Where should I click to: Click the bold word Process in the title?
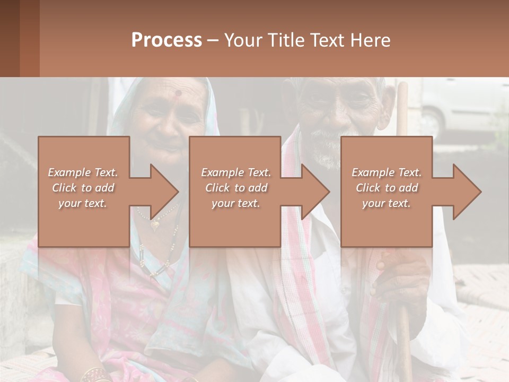(166, 40)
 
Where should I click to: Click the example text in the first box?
(83, 188)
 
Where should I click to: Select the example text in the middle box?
(236, 188)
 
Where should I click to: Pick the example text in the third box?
(387, 188)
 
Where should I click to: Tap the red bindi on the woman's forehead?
(178, 93)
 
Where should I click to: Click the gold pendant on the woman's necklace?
(155, 224)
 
